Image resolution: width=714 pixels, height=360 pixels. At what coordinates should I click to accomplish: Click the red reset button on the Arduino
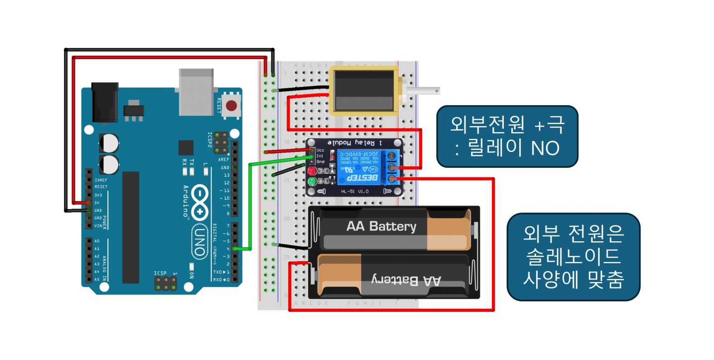point(231,105)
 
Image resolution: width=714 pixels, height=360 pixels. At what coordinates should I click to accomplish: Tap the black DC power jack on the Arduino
point(105,103)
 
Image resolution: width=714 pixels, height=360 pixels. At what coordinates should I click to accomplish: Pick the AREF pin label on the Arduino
point(224,160)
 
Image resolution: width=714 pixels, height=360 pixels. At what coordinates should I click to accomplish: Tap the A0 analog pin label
point(97,241)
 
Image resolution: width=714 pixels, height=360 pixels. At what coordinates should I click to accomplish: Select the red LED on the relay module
point(313,171)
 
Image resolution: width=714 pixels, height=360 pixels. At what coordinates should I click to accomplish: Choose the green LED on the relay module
point(313,182)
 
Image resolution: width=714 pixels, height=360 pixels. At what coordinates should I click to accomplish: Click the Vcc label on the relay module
point(320,149)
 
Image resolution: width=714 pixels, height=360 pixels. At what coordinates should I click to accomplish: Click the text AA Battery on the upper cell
point(381,227)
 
